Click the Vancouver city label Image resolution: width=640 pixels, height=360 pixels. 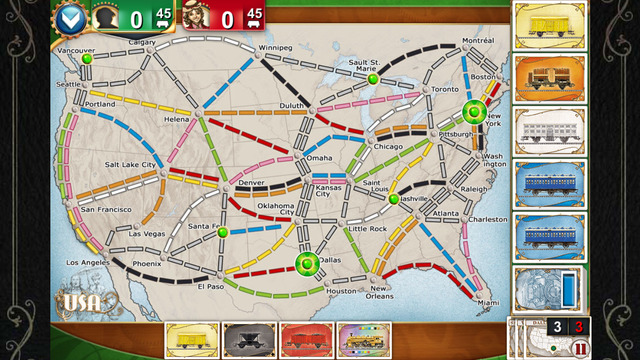click(x=75, y=49)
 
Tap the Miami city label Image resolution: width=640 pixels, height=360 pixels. click(x=488, y=302)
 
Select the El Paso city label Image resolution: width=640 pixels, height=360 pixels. click(x=211, y=287)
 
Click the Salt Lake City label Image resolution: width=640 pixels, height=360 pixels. click(x=131, y=164)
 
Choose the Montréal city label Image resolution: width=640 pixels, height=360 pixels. click(x=478, y=40)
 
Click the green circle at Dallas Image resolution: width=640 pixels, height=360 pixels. click(x=306, y=263)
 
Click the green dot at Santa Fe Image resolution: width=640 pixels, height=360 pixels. click(x=223, y=232)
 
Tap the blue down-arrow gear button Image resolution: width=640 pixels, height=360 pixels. click(x=69, y=17)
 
